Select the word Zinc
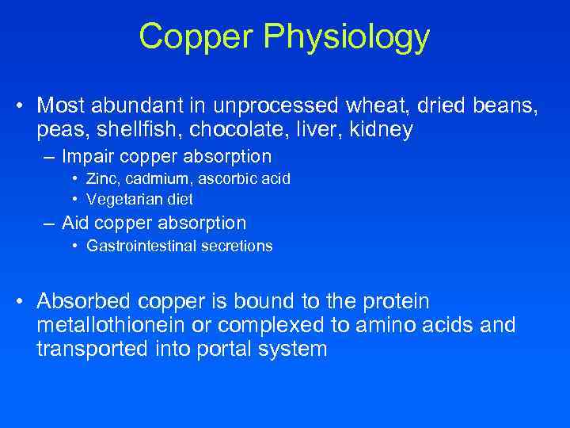(103, 179)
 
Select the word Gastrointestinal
(136, 246)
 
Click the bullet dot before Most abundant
(24, 106)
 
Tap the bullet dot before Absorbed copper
(24, 302)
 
